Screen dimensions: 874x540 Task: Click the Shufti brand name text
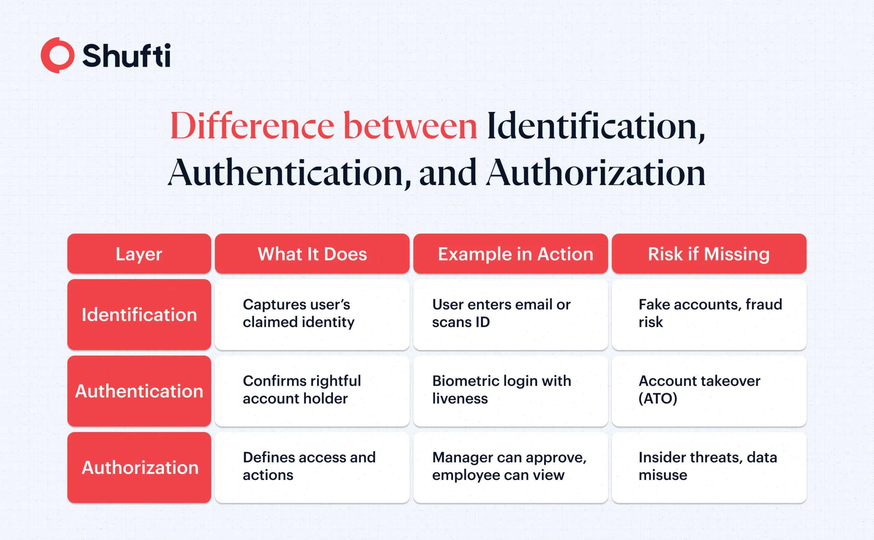(x=126, y=55)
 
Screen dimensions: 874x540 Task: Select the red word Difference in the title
(x=252, y=125)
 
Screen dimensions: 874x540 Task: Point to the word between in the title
(x=410, y=125)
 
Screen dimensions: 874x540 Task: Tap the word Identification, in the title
(x=596, y=126)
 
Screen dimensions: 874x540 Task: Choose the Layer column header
(x=139, y=254)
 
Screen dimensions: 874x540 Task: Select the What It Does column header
(x=312, y=254)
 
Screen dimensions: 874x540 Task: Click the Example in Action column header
(x=510, y=254)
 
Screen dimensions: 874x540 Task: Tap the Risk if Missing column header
(x=709, y=254)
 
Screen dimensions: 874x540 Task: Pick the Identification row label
(x=139, y=314)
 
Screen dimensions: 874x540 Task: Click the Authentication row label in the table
(x=139, y=391)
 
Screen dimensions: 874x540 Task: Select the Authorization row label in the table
(x=139, y=467)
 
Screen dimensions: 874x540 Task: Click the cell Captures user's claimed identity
(x=312, y=314)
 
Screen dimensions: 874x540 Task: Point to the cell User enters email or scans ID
(x=510, y=314)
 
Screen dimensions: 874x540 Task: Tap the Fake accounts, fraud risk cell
(x=709, y=314)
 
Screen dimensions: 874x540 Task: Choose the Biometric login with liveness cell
(x=510, y=391)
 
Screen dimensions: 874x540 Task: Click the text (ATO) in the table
(x=658, y=399)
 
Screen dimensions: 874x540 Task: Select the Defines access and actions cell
(x=312, y=467)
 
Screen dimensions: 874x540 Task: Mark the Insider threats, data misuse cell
(x=709, y=467)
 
